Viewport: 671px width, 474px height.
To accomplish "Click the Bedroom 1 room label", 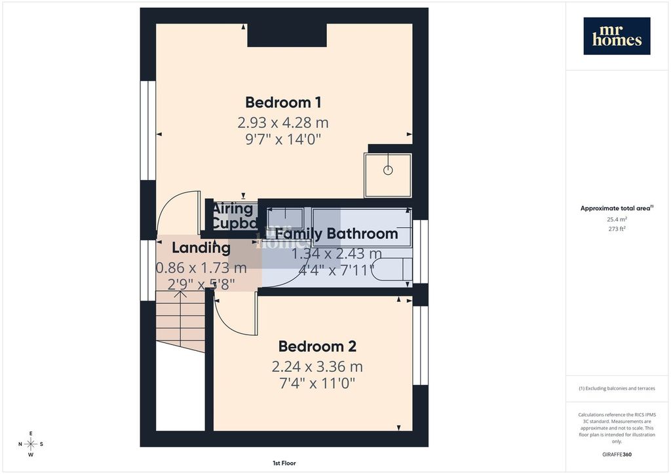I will [x=283, y=103].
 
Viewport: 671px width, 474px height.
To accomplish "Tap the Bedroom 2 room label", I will [x=317, y=347].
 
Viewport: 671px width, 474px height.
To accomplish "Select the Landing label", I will [x=201, y=248].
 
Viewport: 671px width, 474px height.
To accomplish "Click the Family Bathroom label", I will [x=336, y=234].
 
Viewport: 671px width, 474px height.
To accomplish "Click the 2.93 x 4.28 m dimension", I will [x=283, y=122].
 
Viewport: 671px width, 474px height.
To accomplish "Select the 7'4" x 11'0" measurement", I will [x=317, y=384].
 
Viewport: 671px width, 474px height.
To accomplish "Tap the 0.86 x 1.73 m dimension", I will [x=201, y=268].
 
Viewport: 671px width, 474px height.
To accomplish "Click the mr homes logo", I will [x=617, y=35].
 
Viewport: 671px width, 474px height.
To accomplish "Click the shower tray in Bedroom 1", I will [x=388, y=174].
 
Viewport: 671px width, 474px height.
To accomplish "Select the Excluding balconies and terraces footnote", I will [x=617, y=388].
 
